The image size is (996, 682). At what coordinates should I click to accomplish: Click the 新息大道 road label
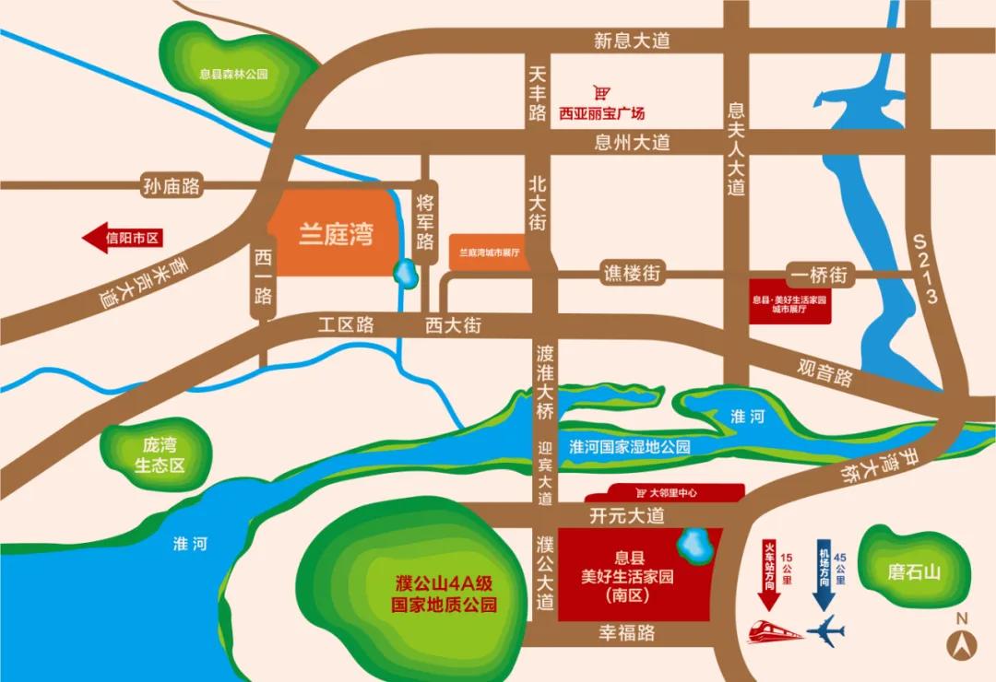[x=632, y=41]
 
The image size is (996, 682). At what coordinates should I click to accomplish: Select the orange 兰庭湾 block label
[x=336, y=234]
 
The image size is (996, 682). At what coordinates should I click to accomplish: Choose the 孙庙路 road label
[x=172, y=186]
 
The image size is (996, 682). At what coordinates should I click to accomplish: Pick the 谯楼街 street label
[x=634, y=274]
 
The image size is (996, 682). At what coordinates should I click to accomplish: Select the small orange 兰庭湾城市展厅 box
[x=491, y=252]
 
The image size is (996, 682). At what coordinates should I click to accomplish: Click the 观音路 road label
[x=825, y=372]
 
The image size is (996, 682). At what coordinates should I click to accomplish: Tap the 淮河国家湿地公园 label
[x=630, y=446]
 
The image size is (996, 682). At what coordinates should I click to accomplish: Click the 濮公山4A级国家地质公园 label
[x=445, y=594]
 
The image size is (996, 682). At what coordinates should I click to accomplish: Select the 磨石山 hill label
[x=914, y=572]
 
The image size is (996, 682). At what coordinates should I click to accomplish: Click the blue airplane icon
[x=824, y=631]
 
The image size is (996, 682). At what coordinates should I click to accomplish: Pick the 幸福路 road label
[x=627, y=633]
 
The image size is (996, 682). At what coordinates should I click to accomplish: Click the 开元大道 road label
[x=627, y=515]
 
